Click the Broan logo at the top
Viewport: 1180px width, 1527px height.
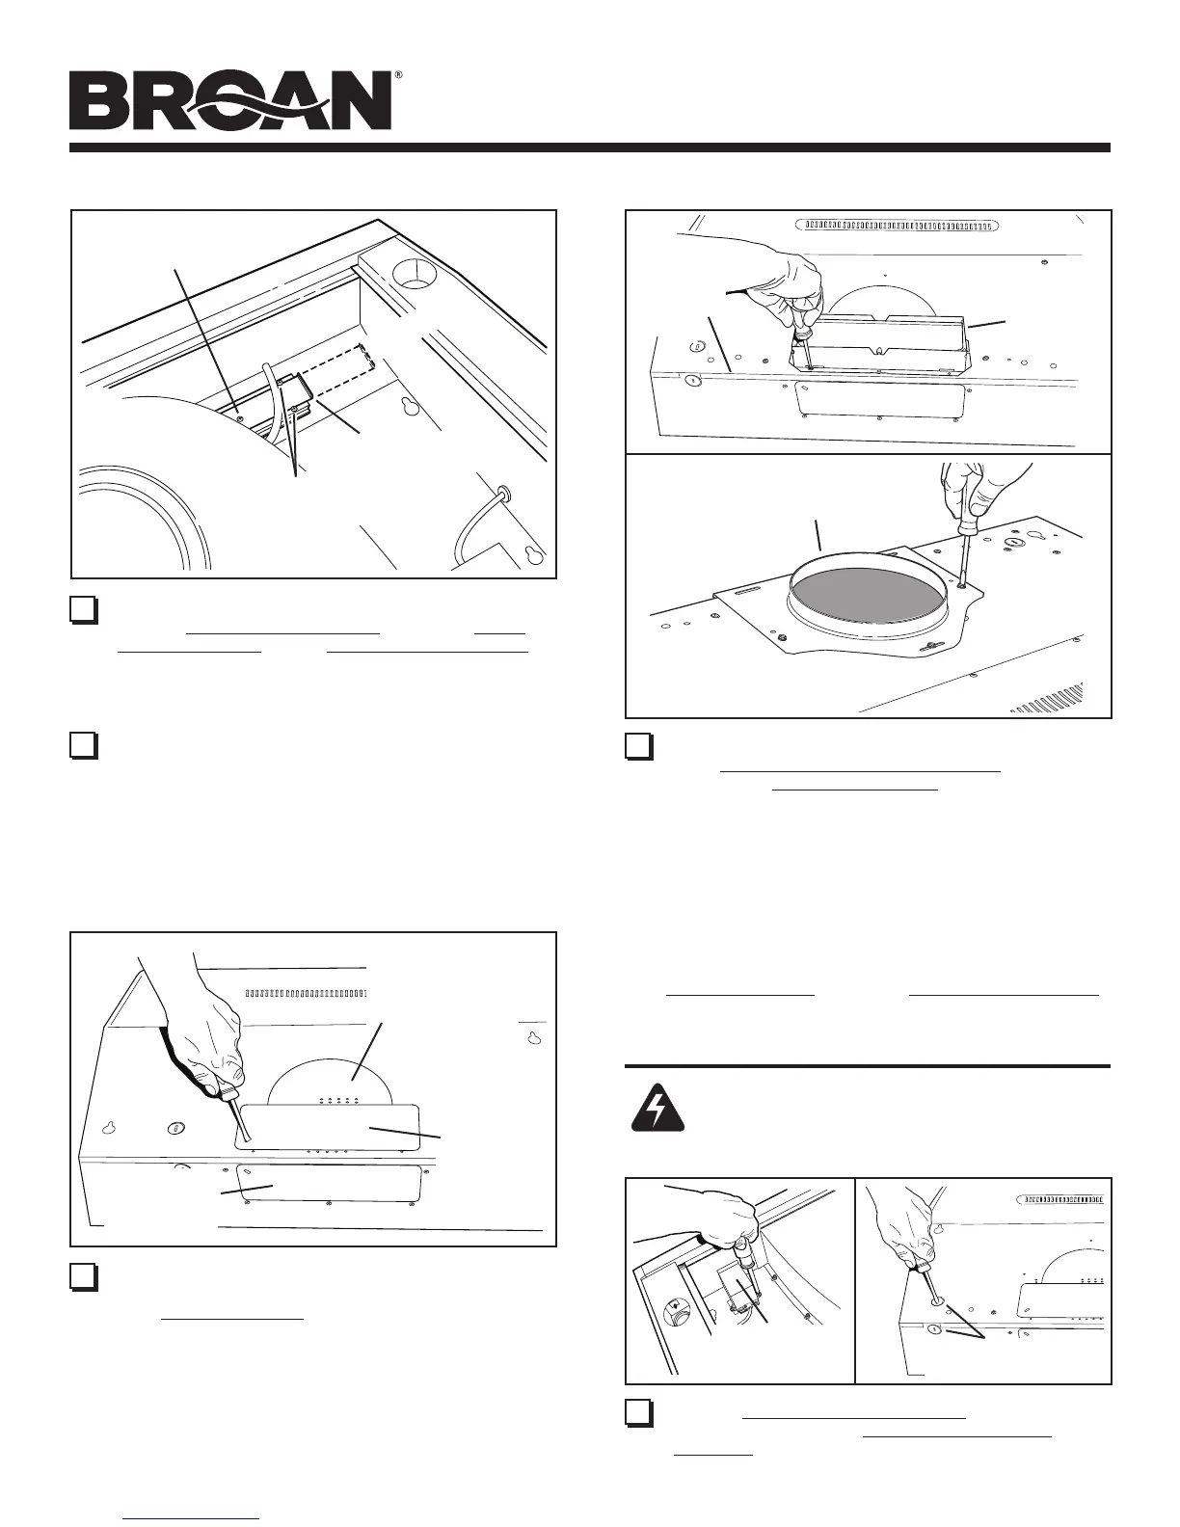(x=230, y=101)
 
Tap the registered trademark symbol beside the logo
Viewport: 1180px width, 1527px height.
(x=398, y=75)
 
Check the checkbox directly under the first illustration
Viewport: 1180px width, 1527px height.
(x=84, y=610)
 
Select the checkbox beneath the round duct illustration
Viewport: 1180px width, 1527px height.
(x=637, y=747)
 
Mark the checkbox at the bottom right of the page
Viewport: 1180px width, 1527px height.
(x=637, y=1411)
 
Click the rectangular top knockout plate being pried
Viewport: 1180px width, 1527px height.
(x=328, y=1126)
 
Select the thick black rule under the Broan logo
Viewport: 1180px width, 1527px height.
(x=589, y=147)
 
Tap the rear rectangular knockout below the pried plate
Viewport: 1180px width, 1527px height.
(x=328, y=1183)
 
